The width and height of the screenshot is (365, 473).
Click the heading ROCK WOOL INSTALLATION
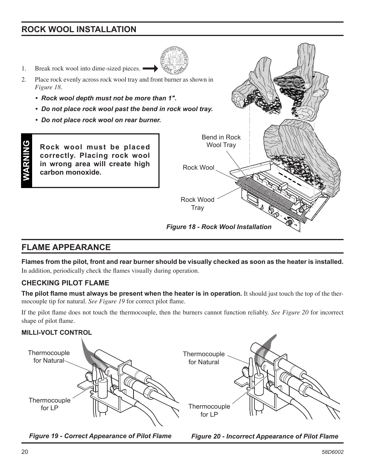(78, 29)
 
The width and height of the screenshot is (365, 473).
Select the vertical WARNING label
(26, 160)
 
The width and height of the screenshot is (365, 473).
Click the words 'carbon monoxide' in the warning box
(71, 172)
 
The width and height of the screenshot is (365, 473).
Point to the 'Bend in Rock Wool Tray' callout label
(221, 141)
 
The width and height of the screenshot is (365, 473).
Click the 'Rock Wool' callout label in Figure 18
(198, 167)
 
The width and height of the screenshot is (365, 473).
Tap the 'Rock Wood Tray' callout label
(197, 203)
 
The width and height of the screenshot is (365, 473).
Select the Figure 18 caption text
(218, 227)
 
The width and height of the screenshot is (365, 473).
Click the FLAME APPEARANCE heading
(66, 247)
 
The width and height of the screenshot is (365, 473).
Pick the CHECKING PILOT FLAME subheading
(65, 283)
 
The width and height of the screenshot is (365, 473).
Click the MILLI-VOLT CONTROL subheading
(57, 332)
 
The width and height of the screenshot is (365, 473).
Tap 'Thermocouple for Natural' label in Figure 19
(49, 357)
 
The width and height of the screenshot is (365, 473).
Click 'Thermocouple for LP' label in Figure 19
(49, 404)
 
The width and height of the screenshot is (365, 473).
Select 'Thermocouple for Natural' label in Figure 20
(204, 358)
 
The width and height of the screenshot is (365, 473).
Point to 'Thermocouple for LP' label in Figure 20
(209, 410)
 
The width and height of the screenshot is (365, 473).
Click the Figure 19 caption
(100, 436)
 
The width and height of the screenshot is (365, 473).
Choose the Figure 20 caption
(264, 436)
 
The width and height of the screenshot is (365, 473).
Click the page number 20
(25, 452)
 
